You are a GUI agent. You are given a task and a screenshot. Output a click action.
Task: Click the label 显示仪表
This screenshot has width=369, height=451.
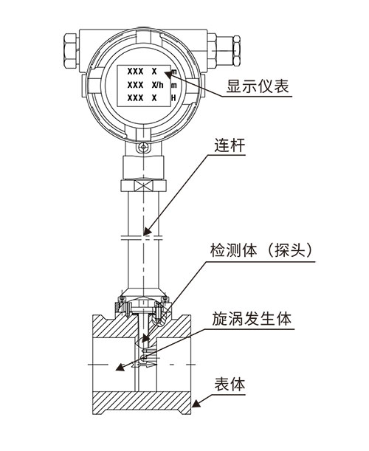coord(258,86)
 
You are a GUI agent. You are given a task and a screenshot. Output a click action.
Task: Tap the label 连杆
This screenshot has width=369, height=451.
coord(230,145)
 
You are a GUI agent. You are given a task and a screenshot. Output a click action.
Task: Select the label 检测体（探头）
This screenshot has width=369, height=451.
coord(261,250)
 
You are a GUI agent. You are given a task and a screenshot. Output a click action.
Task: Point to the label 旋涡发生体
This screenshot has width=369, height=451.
coord(252,318)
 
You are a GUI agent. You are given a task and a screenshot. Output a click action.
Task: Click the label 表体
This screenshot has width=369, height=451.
coord(230,385)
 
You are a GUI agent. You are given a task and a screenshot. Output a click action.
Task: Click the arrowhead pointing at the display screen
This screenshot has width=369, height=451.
coord(169,74)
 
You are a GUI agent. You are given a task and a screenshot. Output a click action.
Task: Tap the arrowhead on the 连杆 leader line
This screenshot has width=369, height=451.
coord(148,230)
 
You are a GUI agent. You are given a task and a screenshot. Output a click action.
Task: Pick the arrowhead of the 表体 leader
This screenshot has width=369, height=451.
coord(196,403)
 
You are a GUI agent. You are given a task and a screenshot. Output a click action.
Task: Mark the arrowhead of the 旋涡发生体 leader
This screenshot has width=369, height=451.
coord(120,367)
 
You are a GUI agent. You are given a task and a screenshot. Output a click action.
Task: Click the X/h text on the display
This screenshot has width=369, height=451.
coord(157,85)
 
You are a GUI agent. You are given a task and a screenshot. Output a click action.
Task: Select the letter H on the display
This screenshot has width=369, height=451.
coord(173,98)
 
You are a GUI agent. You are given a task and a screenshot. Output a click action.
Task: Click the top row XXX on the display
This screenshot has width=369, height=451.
coord(135,72)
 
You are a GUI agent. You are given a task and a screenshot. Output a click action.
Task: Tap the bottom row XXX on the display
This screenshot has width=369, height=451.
coord(135,98)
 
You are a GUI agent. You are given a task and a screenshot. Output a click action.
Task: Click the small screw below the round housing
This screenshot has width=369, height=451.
coord(143,148)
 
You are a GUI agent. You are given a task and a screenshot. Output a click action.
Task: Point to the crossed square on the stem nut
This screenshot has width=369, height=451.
coord(143,185)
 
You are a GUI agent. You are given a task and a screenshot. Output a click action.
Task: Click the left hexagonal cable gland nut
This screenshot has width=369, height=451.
coord(71,51)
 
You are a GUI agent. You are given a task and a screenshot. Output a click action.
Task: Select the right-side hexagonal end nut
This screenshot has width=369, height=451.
coord(236,50)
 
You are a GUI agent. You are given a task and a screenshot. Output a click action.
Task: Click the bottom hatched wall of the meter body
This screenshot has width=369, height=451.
coord(142,403)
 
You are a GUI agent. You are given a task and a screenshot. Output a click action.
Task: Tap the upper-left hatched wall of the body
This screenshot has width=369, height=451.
coord(114,326)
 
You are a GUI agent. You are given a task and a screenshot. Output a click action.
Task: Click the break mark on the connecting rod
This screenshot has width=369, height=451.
coord(142,238)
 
